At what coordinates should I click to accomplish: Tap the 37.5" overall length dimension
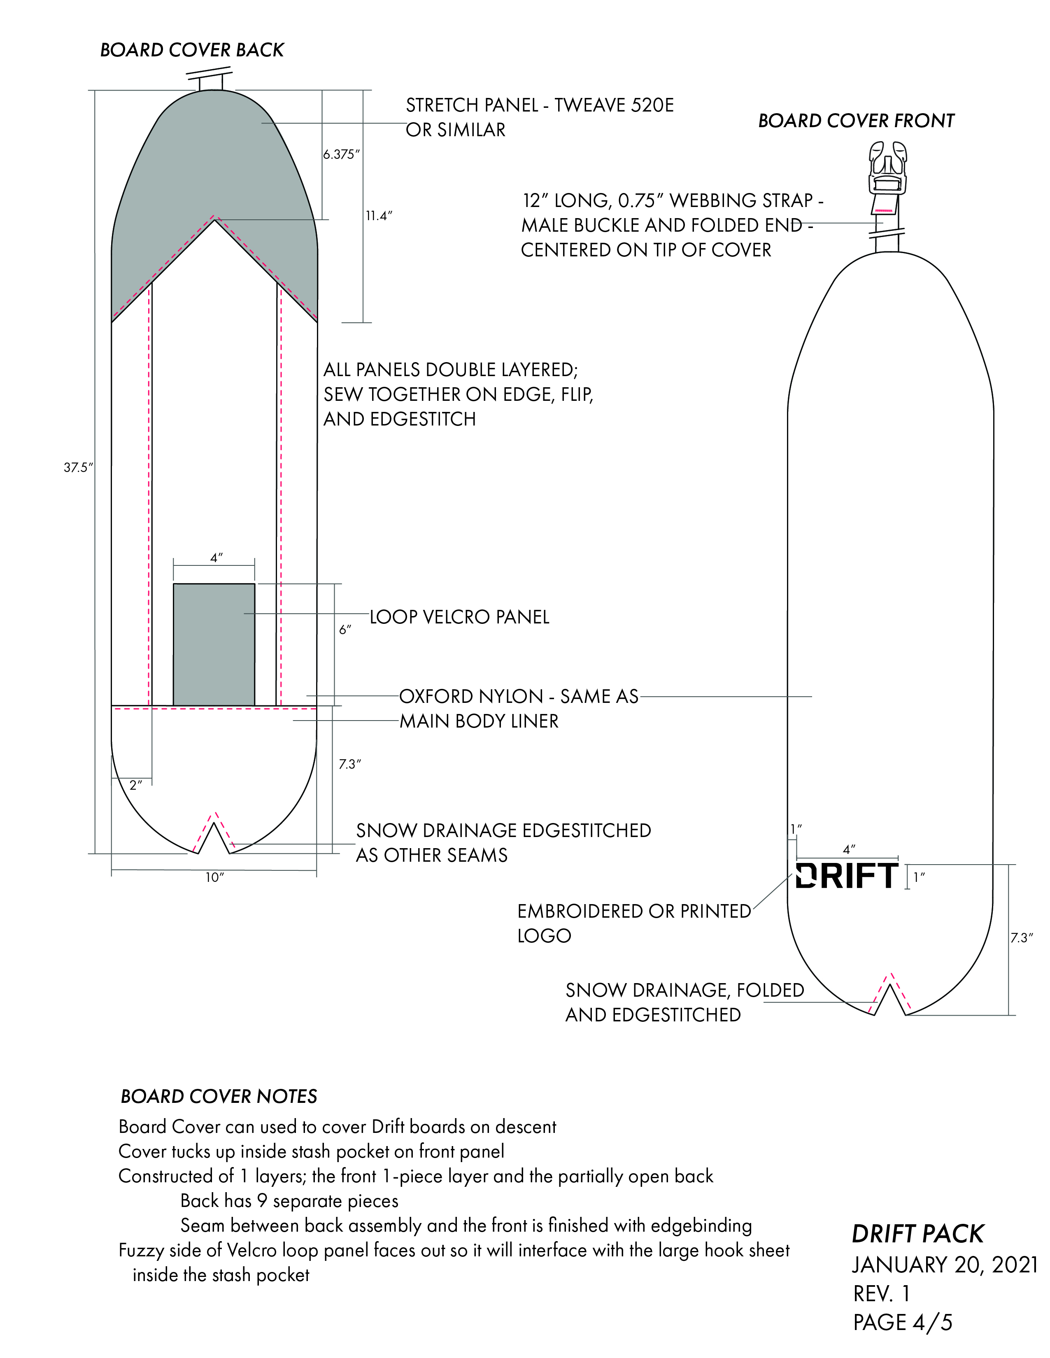(x=78, y=467)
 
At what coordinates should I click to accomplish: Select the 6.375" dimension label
(x=341, y=154)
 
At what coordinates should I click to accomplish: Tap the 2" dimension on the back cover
(x=135, y=785)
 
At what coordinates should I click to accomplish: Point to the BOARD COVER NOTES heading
(x=219, y=1096)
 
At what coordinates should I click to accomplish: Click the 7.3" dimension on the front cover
(x=1021, y=938)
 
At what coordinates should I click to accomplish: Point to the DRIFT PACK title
(x=917, y=1234)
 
